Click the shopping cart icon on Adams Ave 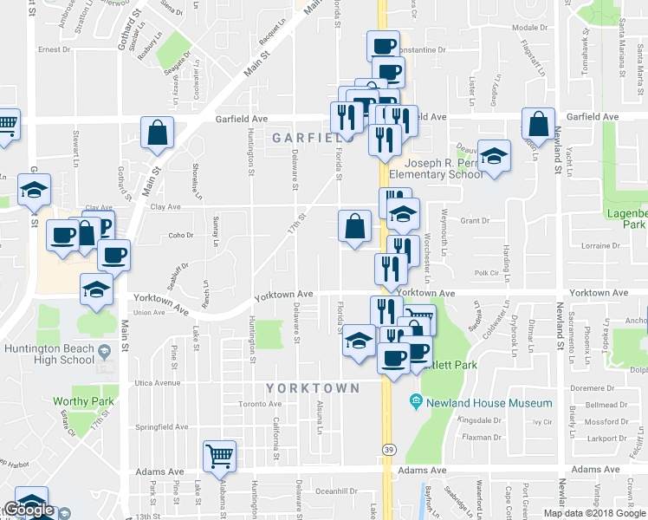tap(220, 454)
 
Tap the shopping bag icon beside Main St tap(159, 133)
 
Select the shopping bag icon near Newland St tap(538, 125)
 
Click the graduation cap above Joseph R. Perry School tap(494, 155)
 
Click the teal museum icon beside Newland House tap(416, 402)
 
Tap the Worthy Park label tap(79, 401)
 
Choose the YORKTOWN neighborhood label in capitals tap(312, 388)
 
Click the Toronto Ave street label tap(261, 404)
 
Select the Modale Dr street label tap(527, 28)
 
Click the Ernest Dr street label tap(53, 50)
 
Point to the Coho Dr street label tap(180, 235)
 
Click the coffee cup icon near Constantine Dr tap(382, 46)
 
